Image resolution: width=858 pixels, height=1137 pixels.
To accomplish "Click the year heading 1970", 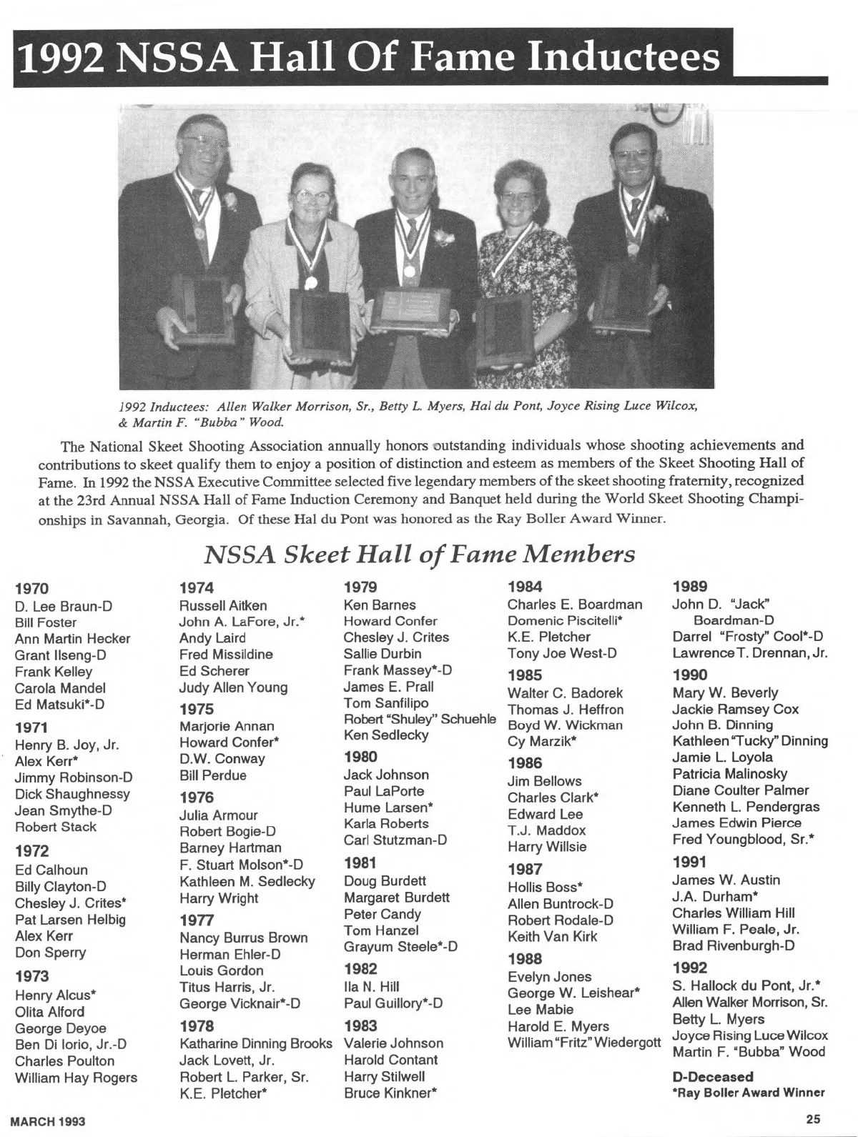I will pyautogui.click(x=32, y=589).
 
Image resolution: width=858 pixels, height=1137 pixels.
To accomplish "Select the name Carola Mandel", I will pyautogui.click(x=60, y=688).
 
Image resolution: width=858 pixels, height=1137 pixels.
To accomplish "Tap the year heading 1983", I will pyautogui.click(x=360, y=1026).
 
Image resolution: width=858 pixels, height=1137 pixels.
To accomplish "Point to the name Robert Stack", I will pyautogui.click(x=56, y=827).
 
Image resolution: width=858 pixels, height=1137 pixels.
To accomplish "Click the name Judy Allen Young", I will pyautogui.click(x=233, y=687).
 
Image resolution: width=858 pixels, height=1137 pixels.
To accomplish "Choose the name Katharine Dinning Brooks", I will pyautogui.click(x=256, y=1043).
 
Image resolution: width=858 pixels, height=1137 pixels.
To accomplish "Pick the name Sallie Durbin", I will pyautogui.click(x=383, y=653).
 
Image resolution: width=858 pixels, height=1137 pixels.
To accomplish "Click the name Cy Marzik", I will pyautogui.click(x=542, y=741).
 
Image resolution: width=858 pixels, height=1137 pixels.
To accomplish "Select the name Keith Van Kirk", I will pyautogui.click(x=552, y=936).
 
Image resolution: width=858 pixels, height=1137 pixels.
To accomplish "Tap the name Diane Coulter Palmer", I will pyautogui.click(x=741, y=790).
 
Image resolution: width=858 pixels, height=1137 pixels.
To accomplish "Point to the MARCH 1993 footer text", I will pyautogui.click(x=48, y=1121).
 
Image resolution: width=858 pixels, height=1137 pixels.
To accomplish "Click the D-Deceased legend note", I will pyautogui.click(x=713, y=1076).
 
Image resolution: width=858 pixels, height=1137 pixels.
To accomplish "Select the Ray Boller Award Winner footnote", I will pyautogui.click(x=749, y=1092).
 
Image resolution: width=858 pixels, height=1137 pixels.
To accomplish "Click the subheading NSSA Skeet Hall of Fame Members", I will pyautogui.click(x=420, y=554).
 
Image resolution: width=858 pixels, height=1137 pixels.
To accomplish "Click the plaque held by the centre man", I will pyautogui.click(x=414, y=309).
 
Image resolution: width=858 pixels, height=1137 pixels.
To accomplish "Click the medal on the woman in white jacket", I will pyautogui.click(x=311, y=282).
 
